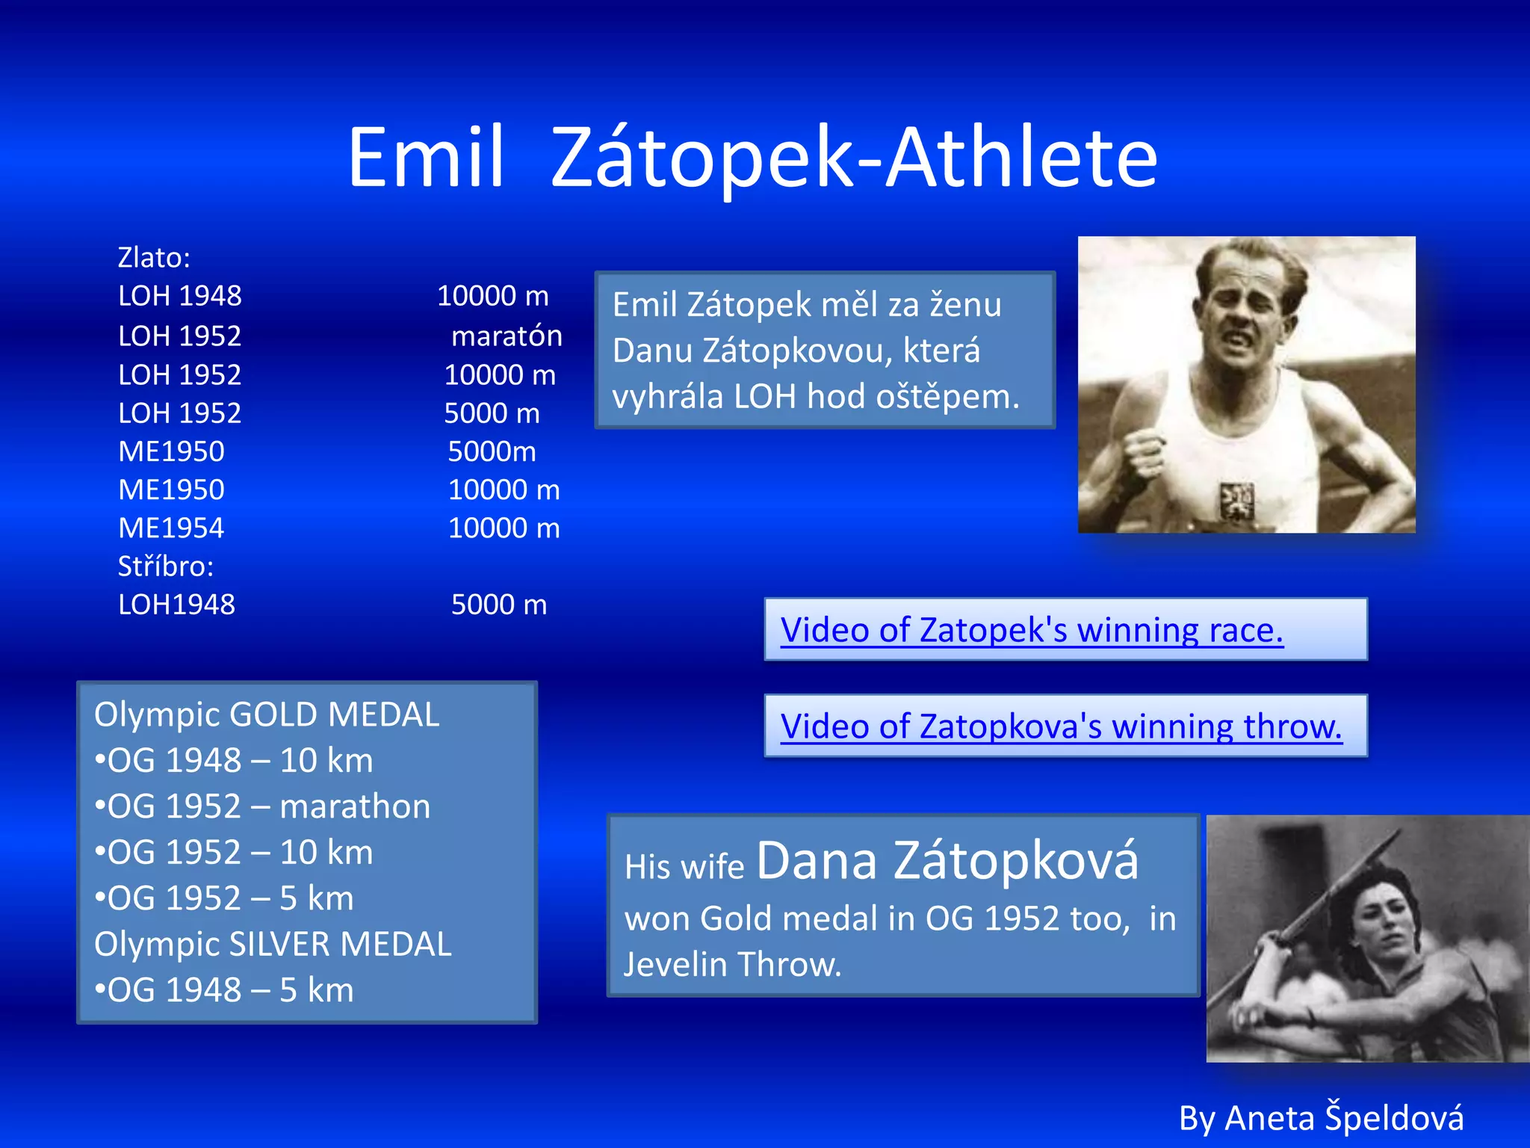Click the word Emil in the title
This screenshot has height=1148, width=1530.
[x=426, y=158]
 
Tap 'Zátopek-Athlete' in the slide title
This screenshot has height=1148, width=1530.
[x=854, y=158]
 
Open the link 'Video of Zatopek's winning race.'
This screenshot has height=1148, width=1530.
[x=1032, y=630]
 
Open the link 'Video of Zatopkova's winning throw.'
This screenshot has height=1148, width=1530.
[x=1061, y=726]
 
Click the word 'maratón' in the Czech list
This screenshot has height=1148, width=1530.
[x=507, y=336]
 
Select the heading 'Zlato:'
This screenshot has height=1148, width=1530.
[x=154, y=257]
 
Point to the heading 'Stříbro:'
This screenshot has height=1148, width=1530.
[x=166, y=566]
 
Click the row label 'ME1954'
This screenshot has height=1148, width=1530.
[x=171, y=528]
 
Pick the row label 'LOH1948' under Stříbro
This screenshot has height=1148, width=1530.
[x=176, y=604]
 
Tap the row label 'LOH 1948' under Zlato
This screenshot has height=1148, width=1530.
[x=179, y=296]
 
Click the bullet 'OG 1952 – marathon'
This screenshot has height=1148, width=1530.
[x=263, y=806]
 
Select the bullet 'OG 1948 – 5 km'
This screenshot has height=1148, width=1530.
[x=224, y=990]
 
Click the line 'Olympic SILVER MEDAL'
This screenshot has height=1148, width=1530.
[x=273, y=944]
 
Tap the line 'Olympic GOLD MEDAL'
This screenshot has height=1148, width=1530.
[x=267, y=715]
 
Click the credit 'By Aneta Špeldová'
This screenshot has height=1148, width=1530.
[x=1321, y=1118]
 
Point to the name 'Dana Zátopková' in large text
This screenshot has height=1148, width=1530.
[x=947, y=861]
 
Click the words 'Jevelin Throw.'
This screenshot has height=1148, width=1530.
[x=733, y=964]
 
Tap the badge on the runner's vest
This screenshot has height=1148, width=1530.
[x=1236, y=500]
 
